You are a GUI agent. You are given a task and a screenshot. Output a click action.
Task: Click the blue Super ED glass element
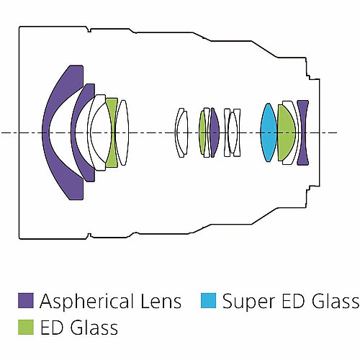tap(269, 132)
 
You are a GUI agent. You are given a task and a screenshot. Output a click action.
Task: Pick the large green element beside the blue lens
tap(286, 132)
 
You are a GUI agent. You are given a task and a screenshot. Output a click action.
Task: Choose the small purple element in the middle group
tap(215, 132)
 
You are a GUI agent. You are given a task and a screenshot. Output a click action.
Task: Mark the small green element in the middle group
tap(202, 132)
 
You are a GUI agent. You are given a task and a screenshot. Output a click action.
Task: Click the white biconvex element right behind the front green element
tap(122, 132)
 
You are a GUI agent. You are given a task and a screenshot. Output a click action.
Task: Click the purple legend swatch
tap(26, 300)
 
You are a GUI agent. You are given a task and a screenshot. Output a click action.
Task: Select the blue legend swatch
tap(209, 300)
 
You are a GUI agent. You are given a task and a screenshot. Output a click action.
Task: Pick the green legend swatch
tap(26, 327)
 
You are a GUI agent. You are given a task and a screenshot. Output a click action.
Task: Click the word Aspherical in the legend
tap(86, 302)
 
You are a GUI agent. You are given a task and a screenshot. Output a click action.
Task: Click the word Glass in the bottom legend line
tap(94, 328)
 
